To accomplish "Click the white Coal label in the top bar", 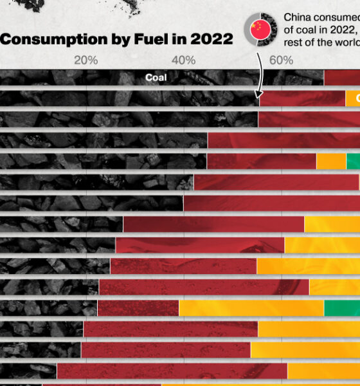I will [x=156, y=78].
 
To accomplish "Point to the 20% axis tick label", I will [x=86, y=60].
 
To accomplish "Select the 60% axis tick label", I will [x=281, y=60].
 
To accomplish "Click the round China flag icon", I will [x=260, y=30].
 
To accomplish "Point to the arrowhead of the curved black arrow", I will [x=259, y=93].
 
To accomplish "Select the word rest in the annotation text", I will [x=294, y=42].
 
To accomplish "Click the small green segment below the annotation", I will [x=353, y=161].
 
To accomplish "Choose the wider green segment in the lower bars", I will [x=341, y=308].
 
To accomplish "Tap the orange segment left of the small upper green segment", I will [x=331, y=161].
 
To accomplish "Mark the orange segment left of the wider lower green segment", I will [x=251, y=308].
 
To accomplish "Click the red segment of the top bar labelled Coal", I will [x=341, y=78].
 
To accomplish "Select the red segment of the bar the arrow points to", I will [x=302, y=98].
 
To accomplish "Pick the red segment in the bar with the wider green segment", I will [x=138, y=308].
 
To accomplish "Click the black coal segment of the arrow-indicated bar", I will [x=129, y=98].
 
